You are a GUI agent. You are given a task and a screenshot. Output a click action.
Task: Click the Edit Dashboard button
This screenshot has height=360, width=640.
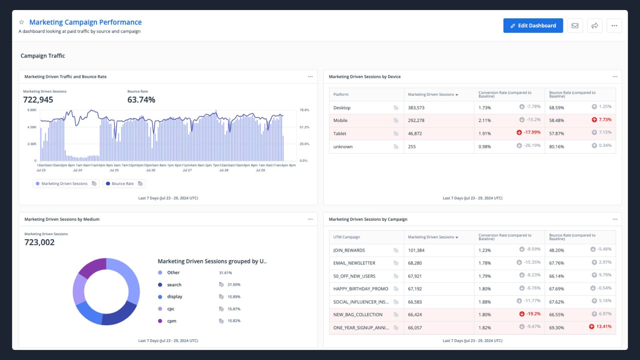(x=533, y=26)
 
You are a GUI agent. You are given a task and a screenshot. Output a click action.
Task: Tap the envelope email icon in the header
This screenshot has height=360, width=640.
(x=575, y=26)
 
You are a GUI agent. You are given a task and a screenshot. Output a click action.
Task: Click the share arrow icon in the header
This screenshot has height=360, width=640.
(x=594, y=26)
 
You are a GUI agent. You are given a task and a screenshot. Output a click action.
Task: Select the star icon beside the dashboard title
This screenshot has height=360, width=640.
(x=22, y=22)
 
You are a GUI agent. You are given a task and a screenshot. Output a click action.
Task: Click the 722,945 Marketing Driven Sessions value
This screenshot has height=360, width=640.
(x=38, y=100)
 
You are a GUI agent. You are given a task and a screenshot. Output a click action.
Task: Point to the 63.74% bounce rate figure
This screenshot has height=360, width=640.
(x=141, y=100)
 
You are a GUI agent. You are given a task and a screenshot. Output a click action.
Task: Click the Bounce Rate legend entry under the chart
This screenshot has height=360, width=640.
(x=123, y=184)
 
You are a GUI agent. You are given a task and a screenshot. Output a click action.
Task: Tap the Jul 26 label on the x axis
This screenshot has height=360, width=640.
(x=151, y=170)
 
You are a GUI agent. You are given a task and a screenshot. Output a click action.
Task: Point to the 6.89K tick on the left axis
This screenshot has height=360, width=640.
(x=32, y=110)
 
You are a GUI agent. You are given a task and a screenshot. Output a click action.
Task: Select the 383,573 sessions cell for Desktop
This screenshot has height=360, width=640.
(x=416, y=108)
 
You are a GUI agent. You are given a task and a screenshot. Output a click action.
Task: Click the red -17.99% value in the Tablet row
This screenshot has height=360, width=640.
(x=532, y=132)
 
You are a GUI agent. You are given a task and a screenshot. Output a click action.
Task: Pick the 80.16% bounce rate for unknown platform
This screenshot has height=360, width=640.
(x=556, y=147)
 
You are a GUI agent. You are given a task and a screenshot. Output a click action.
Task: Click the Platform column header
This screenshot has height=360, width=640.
(x=341, y=95)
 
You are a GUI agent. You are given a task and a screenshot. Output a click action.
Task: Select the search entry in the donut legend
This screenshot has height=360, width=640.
(x=174, y=285)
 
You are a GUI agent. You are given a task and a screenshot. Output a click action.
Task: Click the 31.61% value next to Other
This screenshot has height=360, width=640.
(x=225, y=273)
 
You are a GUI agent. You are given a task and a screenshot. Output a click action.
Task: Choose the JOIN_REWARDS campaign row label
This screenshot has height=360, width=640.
(x=349, y=250)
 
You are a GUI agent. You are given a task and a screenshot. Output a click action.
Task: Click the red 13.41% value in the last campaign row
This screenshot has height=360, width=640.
(x=604, y=327)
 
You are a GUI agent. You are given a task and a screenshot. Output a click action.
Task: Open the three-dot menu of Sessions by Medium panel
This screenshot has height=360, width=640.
(x=310, y=219)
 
